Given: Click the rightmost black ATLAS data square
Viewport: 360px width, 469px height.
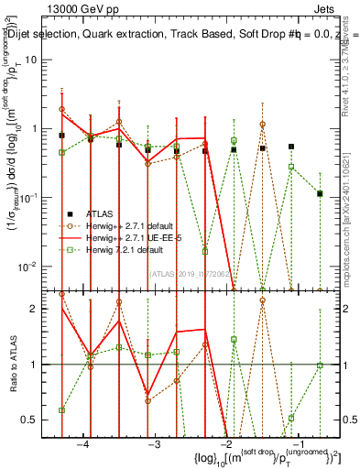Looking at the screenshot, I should point(320,193).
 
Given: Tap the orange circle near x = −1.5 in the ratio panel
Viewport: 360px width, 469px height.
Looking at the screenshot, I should point(262,300).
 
